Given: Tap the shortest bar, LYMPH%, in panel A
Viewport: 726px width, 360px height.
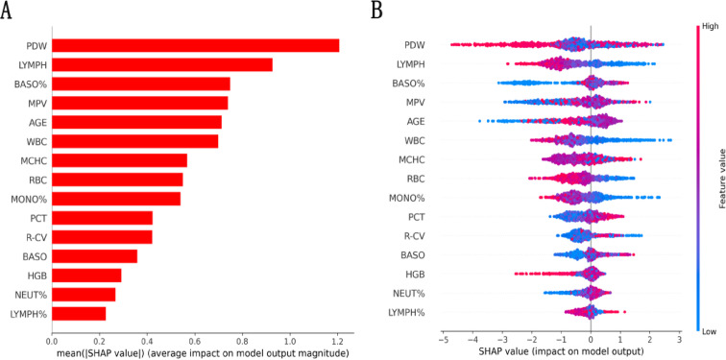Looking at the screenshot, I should point(78,313).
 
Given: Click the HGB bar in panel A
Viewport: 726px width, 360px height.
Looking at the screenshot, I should point(86,276).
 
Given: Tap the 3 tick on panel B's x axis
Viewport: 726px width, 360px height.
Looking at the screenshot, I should point(679,340).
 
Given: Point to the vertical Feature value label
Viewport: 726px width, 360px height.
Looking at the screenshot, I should point(719,172).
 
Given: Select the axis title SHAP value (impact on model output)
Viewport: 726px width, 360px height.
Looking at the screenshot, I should point(561,352).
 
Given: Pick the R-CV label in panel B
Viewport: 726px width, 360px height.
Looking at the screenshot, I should point(412,235).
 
